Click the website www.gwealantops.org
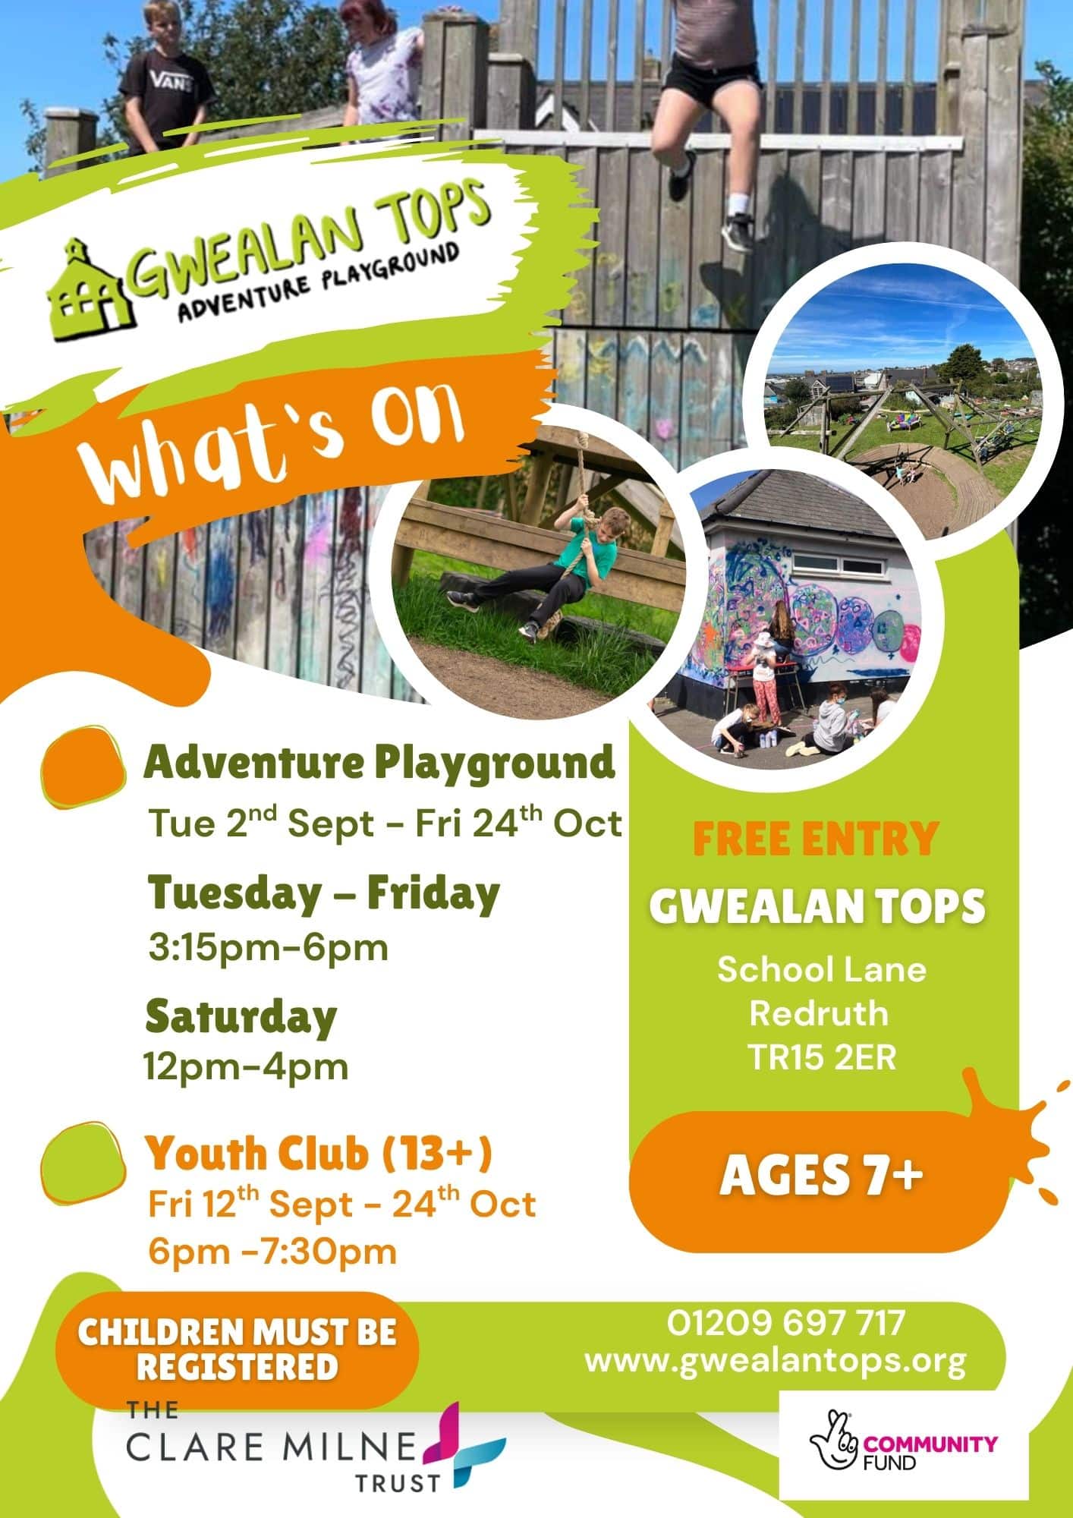click(776, 1361)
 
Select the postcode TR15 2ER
click(823, 1057)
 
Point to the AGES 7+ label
click(822, 1176)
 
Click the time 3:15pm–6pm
click(268, 947)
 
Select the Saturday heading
click(241, 1016)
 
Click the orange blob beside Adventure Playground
click(83, 767)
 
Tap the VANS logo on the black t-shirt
click(168, 79)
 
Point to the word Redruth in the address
click(819, 1013)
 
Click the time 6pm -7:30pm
click(272, 1252)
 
